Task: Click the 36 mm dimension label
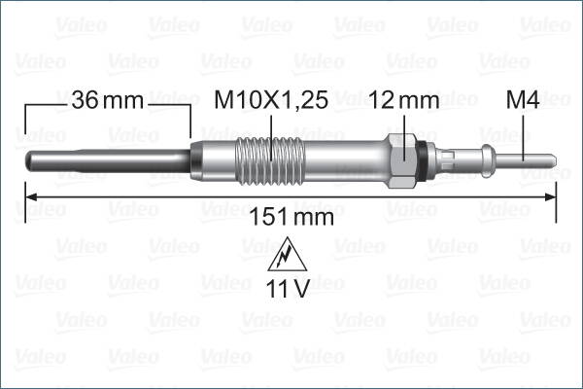(x=107, y=99)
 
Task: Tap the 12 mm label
(x=404, y=99)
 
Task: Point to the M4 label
(x=524, y=99)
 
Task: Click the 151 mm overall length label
(x=291, y=217)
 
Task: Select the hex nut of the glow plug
(x=400, y=155)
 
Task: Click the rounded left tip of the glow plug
(x=25, y=158)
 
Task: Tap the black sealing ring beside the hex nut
(x=420, y=155)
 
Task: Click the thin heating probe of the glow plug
(x=107, y=158)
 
